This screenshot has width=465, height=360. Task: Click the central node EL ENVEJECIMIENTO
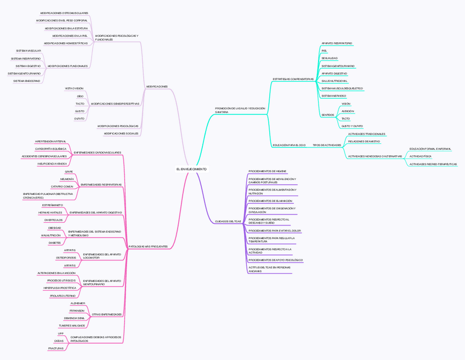pos(191,169)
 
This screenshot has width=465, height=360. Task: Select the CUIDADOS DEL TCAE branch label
pos(228,221)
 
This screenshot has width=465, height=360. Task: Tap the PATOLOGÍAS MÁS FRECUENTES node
pos(148,246)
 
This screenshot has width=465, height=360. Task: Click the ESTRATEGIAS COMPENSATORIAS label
pos(293,79)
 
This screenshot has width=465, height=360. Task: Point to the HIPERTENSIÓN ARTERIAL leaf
pos(50,141)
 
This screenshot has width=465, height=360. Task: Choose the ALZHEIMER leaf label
pos(78,303)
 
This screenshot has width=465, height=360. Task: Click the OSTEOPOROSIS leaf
pos(66,257)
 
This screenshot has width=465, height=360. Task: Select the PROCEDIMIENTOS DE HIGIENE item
pos(267,171)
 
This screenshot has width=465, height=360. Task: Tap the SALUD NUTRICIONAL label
pos(334,81)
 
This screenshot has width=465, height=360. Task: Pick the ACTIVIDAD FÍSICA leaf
pos(421,156)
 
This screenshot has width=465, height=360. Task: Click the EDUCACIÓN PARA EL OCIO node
pos(289,145)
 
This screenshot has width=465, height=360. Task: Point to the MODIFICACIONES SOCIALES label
pos(121,133)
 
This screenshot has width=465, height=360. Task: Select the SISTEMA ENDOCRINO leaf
pos(27,81)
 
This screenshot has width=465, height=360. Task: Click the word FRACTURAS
pos(55,348)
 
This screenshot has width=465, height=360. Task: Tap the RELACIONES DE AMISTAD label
pos(364,141)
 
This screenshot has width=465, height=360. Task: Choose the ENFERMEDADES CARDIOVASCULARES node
pos(98,152)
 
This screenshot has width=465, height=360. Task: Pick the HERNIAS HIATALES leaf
pos(50,212)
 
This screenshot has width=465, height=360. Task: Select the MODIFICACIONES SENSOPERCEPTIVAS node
pos(115,103)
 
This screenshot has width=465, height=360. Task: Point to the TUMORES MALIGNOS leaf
pos(72,325)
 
